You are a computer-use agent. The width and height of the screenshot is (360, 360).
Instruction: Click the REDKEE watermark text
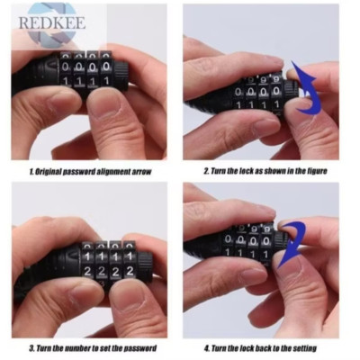point(52,22)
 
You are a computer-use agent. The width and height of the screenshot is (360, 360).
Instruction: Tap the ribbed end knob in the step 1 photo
point(121,75)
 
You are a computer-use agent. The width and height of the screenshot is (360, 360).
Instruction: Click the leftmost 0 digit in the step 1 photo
point(65,67)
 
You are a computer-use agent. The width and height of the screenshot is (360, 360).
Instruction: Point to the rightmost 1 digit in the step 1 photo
point(106,80)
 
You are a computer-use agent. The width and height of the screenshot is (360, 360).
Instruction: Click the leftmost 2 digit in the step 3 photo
point(87,272)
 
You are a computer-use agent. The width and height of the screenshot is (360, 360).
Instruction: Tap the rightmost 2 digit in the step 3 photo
point(130,271)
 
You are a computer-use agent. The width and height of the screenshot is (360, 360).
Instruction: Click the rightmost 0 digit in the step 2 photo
point(276,91)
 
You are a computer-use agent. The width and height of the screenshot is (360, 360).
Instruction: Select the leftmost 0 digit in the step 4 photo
point(229,239)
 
